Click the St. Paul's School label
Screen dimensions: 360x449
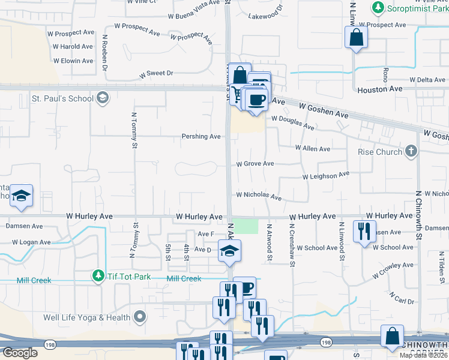[x=62, y=98]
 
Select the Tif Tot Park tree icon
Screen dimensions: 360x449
[x=98, y=275]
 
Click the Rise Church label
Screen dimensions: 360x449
[x=380, y=152]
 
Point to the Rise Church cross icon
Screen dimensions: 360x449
[x=411, y=151]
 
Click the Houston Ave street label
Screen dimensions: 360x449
[x=380, y=89]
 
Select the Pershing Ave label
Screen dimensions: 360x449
[x=201, y=136]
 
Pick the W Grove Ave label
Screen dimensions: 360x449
[x=255, y=163]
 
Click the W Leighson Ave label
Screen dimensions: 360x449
[x=325, y=176]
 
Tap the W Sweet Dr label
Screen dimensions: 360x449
[x=156, y=74]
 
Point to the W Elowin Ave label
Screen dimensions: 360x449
[x=73, y=61]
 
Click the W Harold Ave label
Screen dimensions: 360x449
[x=73, y=46]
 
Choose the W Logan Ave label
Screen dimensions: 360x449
[x=31, y=242]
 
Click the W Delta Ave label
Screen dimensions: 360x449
[x=427, y=80]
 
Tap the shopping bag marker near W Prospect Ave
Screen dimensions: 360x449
[x=356, y=37]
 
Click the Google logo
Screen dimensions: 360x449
[x=19, y=353]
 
